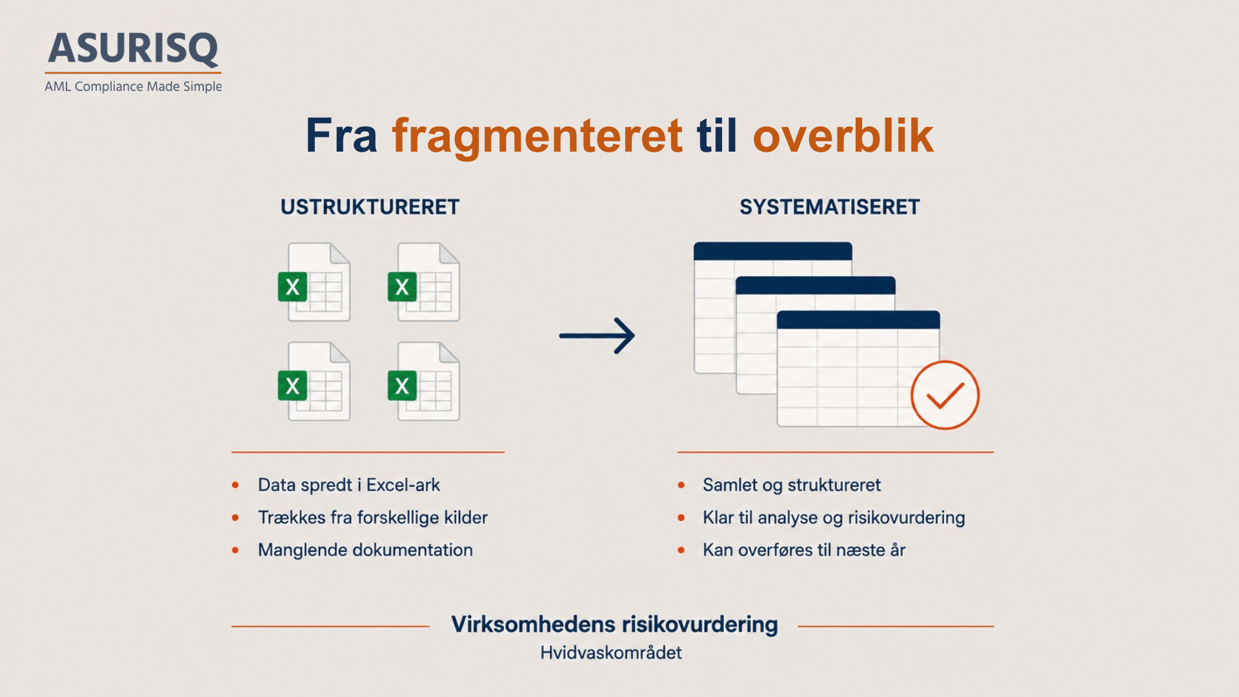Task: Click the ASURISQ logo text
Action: pyautogui.click(x=134, y=48)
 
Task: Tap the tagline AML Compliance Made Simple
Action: pyautogui.click(x=133, y=86)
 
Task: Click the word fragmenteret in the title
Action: pyautogui.click(x=537, y=136)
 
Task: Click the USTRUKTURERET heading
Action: pyautogui.click(x=370, y=207)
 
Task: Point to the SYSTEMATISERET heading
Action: pyautogui.click(x=829, y=207)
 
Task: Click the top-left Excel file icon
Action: pyautogui.click(x=314, y=282)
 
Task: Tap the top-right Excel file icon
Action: pyautogui.click(x=424, y=282)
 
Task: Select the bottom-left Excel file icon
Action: pyautogui.click(x=314, y=381)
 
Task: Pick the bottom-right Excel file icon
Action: pyautogui.click(x=424, y=381)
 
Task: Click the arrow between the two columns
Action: pyautogui.click(x=597, y=336)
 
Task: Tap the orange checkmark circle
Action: pyautogui.click(x=945, y=395)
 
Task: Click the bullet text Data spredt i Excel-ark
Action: pyautogui.click(x=349, y=485)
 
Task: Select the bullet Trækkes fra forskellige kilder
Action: pyautogui.click(x=373, y=518)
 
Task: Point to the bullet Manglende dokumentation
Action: pyautogui.click(x=365, y=550)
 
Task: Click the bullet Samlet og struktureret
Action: pyautogui.click(x=792, y=485)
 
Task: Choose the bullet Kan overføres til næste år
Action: pyautogui.click(x=804, y=550)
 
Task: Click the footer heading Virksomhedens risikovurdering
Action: pyautogui.click(x=614, y=625)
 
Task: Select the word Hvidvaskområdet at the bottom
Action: pyautogui.click(x=611, y=652)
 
